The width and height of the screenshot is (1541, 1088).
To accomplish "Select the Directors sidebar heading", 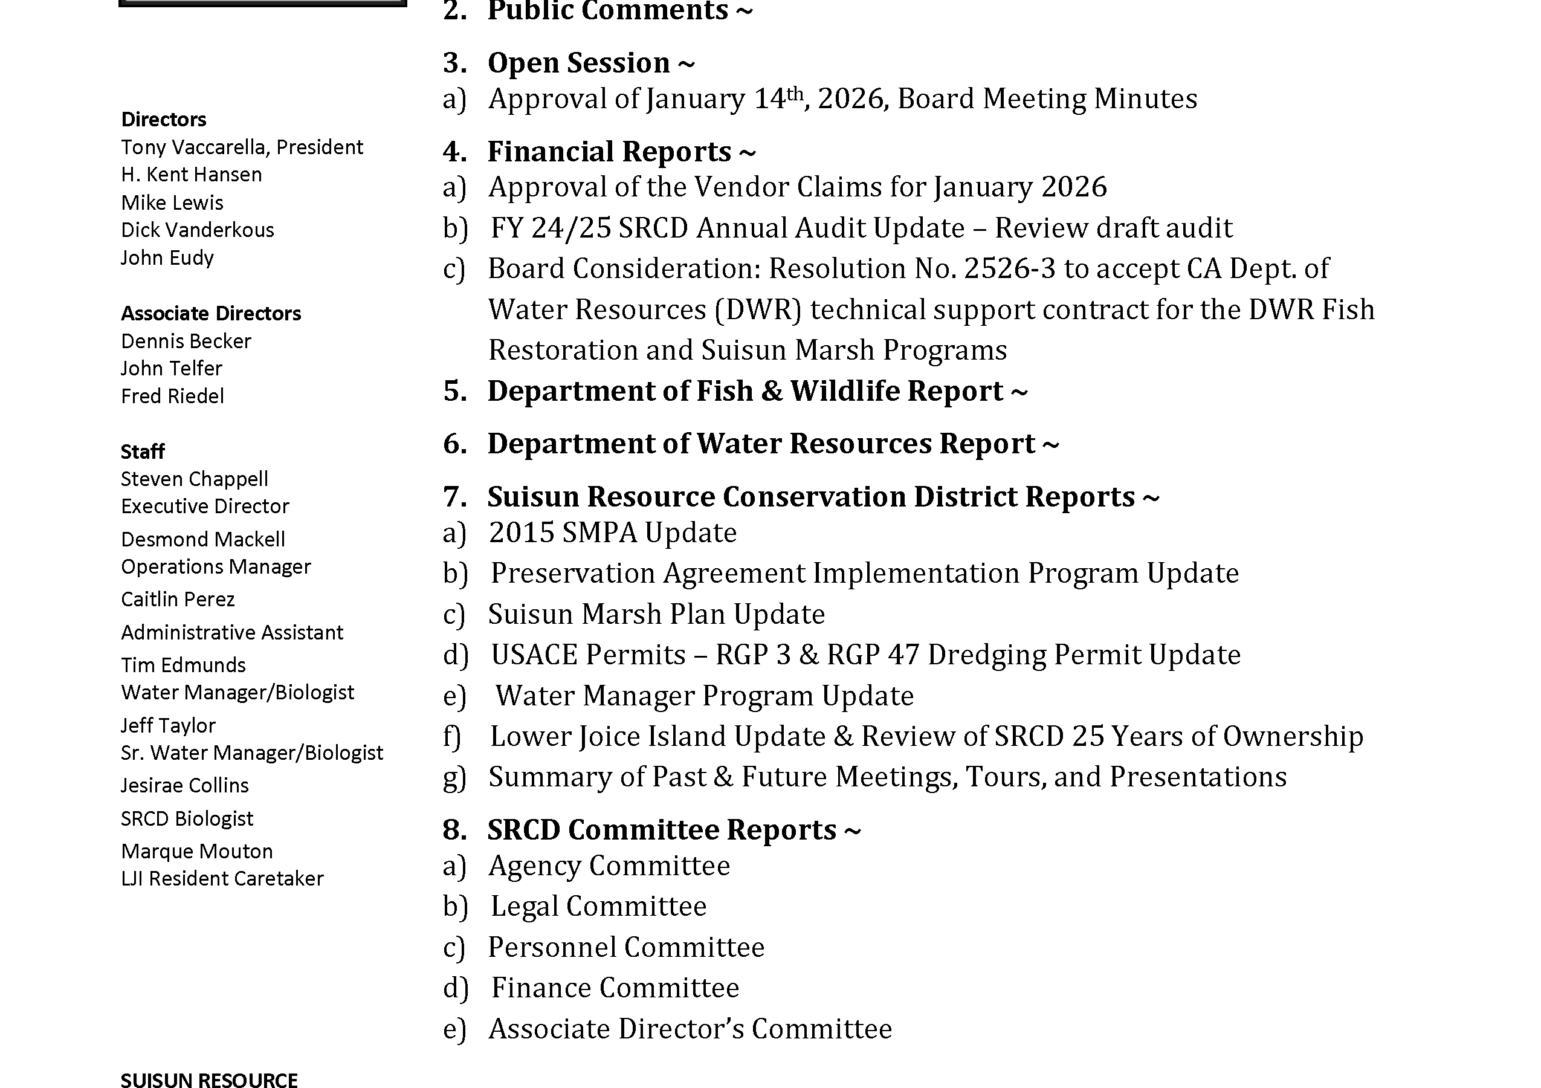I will (163, 120).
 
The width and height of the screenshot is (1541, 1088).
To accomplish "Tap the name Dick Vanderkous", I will (198, 230).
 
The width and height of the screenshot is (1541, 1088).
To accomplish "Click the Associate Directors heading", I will (211, 314).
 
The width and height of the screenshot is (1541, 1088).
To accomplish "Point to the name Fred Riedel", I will (172, 397).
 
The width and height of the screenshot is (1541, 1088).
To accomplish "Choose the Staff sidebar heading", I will (142, 452).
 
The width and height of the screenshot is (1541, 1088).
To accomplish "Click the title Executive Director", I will (205, 506).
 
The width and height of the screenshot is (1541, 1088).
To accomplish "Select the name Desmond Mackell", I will (202, 540).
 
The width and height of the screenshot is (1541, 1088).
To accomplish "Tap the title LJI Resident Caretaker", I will (222, 879).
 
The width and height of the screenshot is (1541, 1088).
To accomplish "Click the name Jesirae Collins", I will (184, 785).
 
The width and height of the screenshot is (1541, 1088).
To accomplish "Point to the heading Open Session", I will (578, 63).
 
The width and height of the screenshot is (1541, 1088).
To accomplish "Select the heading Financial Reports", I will (609, 152).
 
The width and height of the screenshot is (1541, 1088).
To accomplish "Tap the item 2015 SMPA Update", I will (612, 533).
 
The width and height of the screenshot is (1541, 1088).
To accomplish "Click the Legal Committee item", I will (598, 906).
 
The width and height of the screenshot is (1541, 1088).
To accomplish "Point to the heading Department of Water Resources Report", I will (761, 444).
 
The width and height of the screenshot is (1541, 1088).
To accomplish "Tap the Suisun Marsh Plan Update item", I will (656, 614).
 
